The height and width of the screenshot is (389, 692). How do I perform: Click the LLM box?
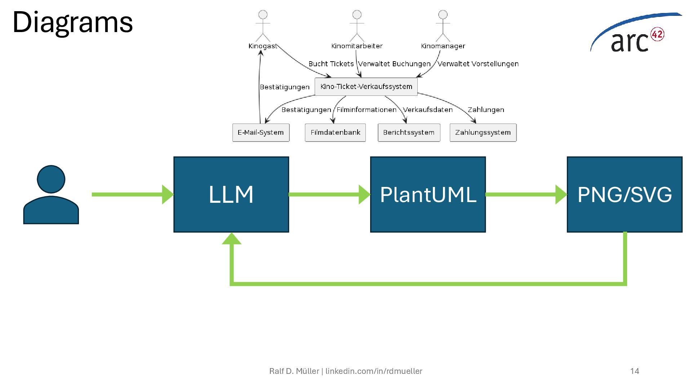pyautogui.click(x=231, y=194)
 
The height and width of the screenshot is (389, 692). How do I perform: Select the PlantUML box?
pyautogui.click(x=428, y=194)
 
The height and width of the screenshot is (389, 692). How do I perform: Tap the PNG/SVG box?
pyautogui.click(x=625, y=194)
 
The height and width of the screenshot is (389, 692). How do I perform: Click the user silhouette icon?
pyautogui.click(x=51, y=195)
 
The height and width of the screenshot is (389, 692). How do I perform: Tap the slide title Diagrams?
pyautogui.click(x=72, y=22)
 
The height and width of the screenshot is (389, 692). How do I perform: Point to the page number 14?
pyautogui.click(x=635, y=371)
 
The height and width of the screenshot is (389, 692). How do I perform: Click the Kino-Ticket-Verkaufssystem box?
pyautogui.click(x=366, y=87)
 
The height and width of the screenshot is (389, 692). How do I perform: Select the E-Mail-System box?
pyautogui.click(x=261, y=133)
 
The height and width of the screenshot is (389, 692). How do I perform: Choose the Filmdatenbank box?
pyautogui.click(x=335, y=133)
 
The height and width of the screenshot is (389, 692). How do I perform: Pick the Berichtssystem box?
pyautogui.click(x=409, y=133)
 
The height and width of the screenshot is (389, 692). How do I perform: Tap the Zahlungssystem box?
pyautogui.click(x=483, y=133)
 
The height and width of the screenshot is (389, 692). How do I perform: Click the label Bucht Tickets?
pyautogui.click(x=331, y=64)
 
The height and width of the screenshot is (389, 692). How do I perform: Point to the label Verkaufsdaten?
pyautogui.click(x=427, y=110)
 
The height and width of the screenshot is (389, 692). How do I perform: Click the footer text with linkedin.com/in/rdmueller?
pyautogui.click(x=346, y=371)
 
